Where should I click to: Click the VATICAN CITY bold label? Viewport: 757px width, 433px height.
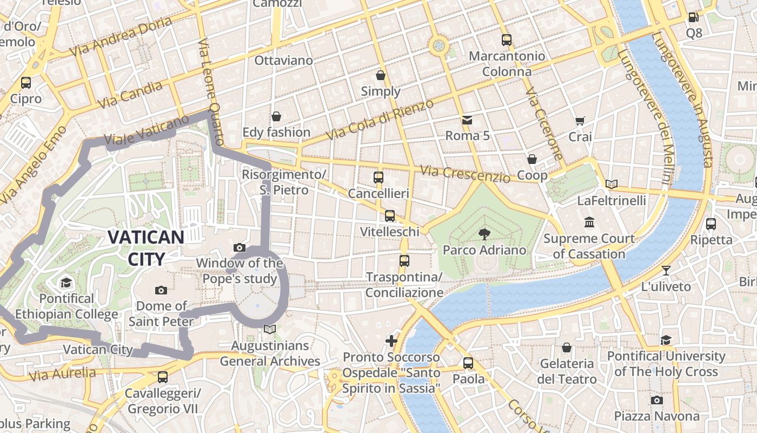click(x=146, y=248)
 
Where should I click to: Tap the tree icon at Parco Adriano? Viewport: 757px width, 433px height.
click(x=484, y=234)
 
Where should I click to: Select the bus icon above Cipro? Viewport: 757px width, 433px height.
click(x=25, y=83)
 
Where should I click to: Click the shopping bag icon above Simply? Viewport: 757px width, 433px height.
click(x=381, y=75)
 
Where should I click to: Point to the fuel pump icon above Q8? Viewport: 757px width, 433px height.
click(x=693, y=17)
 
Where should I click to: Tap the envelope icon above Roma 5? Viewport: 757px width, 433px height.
click(x=467, y=120)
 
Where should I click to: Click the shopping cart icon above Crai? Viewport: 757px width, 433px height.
click(x=580, y=121)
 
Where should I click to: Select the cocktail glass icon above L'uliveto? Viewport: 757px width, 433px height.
click(x=666, y=271)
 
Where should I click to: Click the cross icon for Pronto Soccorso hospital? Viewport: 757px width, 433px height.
click(x=391, y=341)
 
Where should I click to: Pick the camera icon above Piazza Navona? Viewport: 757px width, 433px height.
click(x=656, y=400)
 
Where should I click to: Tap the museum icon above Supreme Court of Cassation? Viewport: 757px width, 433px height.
click(x=589, y=222)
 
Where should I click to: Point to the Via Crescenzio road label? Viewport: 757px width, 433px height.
click(x=465, y=174)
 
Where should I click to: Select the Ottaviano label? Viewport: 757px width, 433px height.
click(x=283, y=60)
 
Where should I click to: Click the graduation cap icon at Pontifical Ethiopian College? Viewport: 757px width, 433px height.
click(x=66, y=283)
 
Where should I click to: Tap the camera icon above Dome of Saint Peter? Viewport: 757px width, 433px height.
click(x=161, y=291)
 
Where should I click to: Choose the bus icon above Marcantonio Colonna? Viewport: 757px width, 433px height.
click(x=506, y=40)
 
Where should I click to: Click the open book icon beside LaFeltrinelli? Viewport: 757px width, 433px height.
click(x=611, y=185)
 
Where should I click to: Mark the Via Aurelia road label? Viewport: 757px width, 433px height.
click(x=63, y=373)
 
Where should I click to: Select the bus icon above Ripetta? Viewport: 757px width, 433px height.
click(x=711, y=224)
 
